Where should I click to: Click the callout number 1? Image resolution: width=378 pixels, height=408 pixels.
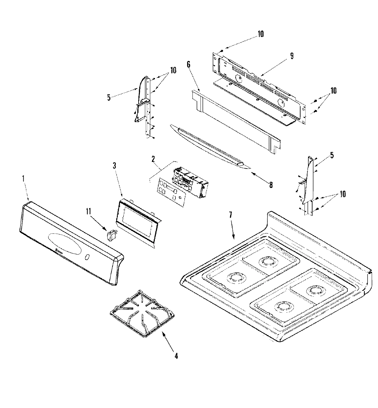click(x=23, y=178)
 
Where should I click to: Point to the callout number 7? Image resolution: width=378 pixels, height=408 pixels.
click(x=230, y=215)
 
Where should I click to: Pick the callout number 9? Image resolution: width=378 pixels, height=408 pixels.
click(x=292, y=56)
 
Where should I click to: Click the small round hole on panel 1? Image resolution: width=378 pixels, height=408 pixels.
click(x=87, y=257)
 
